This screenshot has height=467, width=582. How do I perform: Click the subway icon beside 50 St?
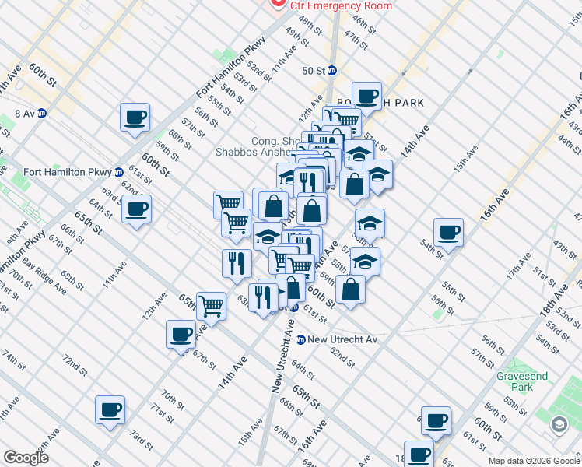pyautogui.click(x=332, y=70)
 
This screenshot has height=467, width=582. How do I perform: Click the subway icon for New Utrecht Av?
pyautogui.click(x=300, y=339)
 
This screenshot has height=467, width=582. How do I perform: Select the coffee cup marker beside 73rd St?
pyautogui.click(x=110, y=409)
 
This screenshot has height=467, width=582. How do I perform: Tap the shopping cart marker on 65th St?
pyautogui.click(x=211, y=305)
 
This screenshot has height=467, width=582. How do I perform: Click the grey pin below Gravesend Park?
pyautogui.click(x=559, y=424)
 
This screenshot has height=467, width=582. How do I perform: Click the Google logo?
pyautogui.click(x=26, y=458)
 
